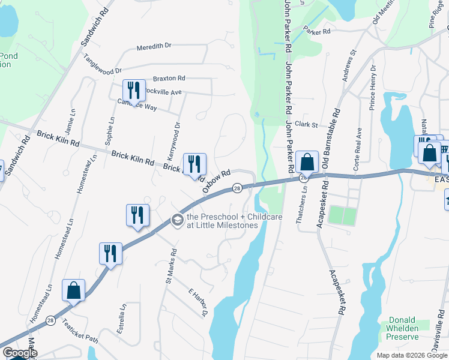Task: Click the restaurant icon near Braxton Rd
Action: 134,90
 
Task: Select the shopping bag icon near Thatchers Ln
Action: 307,161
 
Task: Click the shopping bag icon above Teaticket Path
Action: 73,290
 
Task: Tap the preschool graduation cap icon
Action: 177,221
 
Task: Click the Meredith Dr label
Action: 154,46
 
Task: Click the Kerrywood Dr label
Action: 177,137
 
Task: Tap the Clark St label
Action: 306,124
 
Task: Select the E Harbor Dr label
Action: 197,302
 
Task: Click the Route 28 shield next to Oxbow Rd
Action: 238,188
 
